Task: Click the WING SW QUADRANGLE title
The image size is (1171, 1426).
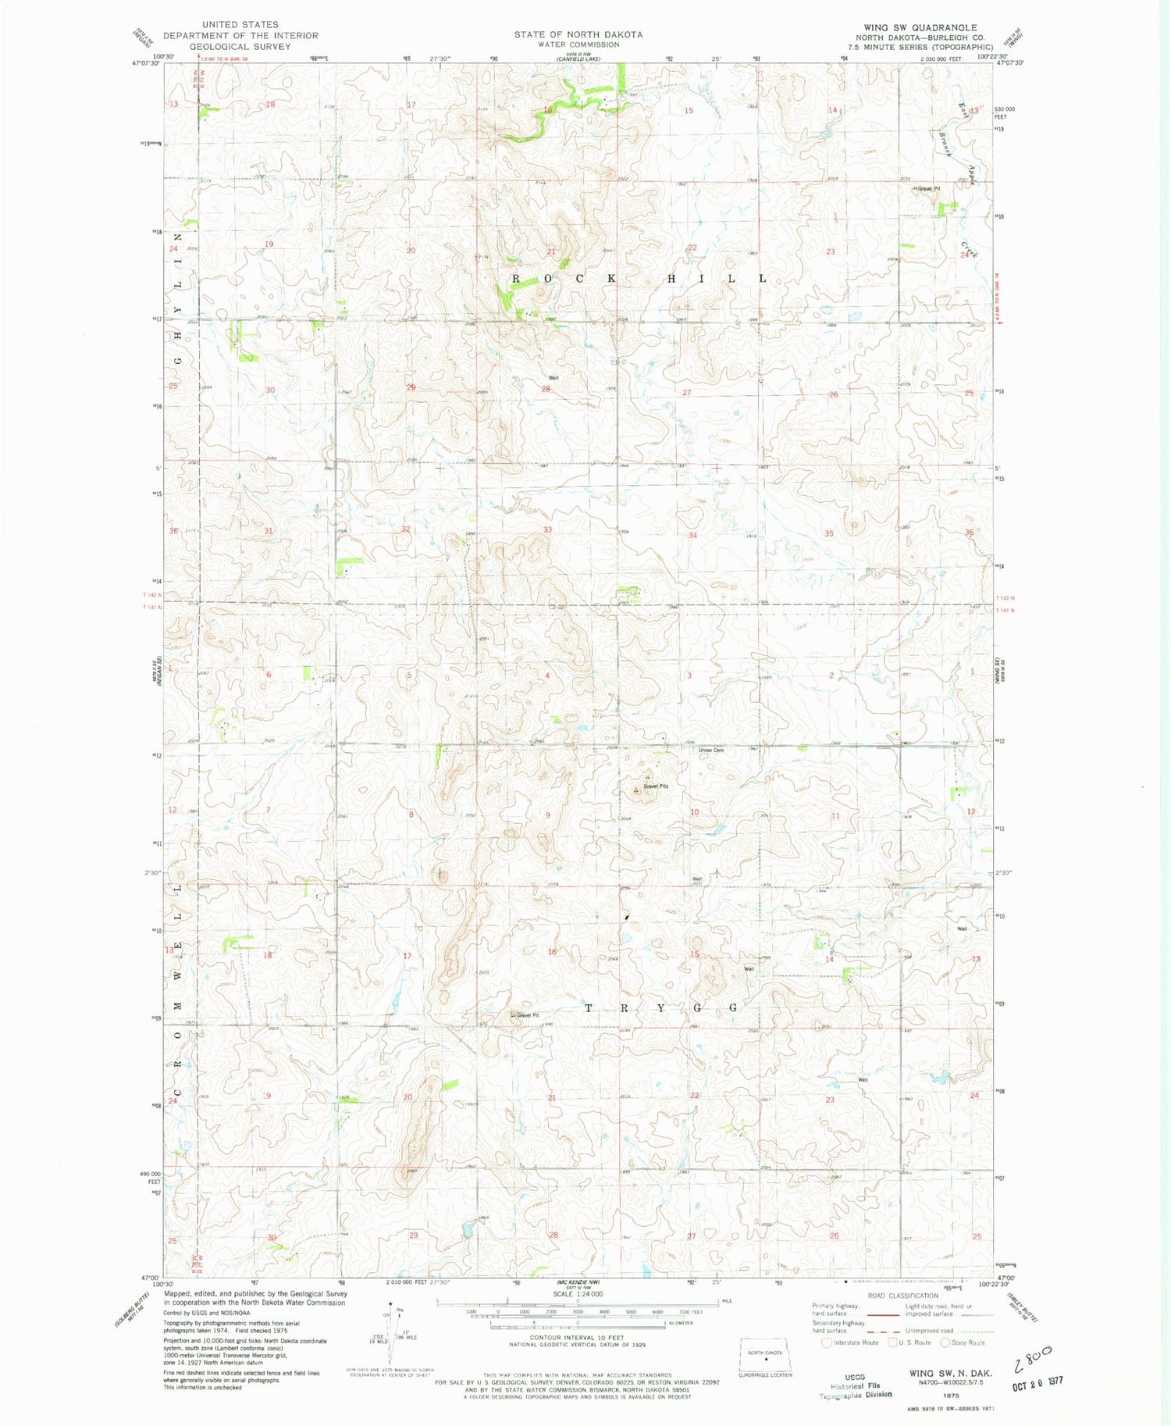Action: (x=920, y=27)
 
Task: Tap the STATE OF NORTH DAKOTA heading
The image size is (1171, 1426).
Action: (x=578, y=34)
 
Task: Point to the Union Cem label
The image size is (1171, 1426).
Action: (x=711, y=750)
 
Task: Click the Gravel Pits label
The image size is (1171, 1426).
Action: (x=656, y=786)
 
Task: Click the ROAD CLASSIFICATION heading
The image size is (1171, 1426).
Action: (x=902, y=1296)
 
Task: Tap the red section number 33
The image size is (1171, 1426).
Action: (x=548, y=529)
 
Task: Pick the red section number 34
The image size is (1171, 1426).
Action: (x=692, y=536)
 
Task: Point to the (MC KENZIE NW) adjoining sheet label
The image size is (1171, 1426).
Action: (x=578, y=1282)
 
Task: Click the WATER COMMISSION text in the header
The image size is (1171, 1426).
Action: (x=578, y=45)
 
